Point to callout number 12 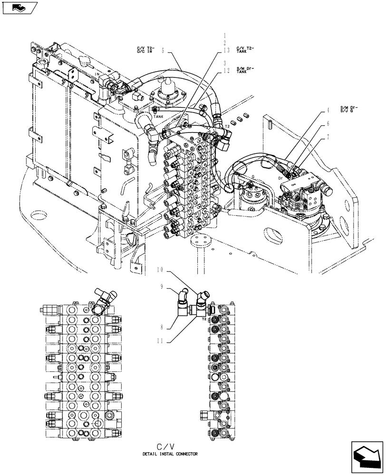tap(227, 71)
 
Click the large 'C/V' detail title tap(170, 446)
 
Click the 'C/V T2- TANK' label tap(245, 49)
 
